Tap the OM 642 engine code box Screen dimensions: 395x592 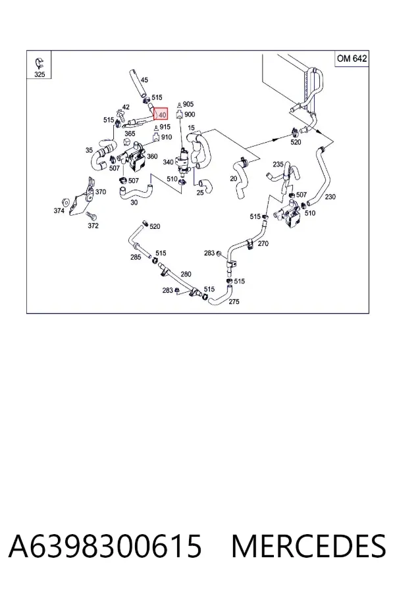click(352, 59)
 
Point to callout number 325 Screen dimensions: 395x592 click(39, 74)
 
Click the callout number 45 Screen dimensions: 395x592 click(144, 80)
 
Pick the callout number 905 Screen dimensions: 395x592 click(188, 104)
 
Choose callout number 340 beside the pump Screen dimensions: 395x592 click(168, 162)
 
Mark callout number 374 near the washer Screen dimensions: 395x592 click(59, 210)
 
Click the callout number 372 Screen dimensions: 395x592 click(93, 226)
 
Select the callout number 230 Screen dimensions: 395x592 click(330, 197)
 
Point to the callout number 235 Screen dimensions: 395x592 click(278, 164)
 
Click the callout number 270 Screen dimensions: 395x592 click(263, 243)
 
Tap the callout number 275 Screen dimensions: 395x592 click(234, 302)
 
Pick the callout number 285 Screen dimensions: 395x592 click(136, 257)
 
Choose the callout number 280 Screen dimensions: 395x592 click(186, 274)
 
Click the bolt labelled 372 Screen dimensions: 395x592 click(91, 216)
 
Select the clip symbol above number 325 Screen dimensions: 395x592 click(39, 62)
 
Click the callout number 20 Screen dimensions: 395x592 click(234, 178)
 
